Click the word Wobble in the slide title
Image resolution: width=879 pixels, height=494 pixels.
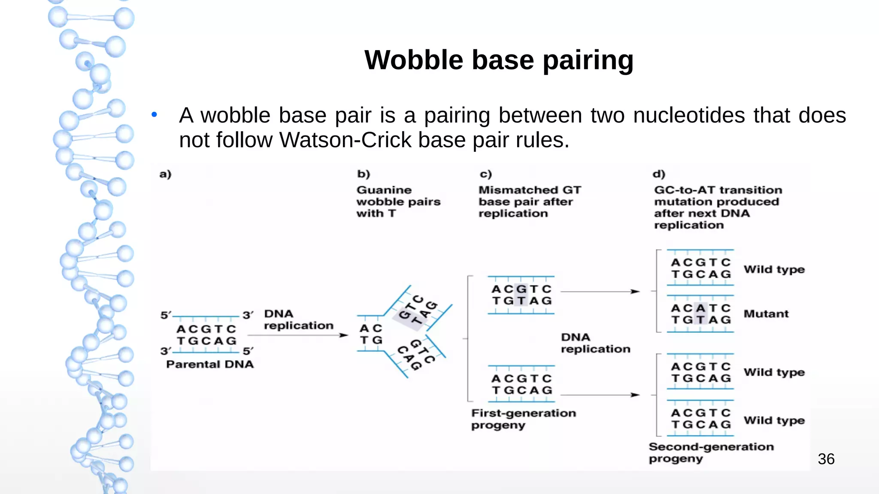click(413, 60)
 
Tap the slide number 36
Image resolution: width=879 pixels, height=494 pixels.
click(826, 459)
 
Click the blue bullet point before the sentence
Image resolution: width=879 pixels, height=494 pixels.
click(155, 114)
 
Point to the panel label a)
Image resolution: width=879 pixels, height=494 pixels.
click(165, 174)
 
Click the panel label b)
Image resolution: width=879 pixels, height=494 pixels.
click(364, 174)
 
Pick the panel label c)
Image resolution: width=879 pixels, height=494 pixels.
click(485, 174)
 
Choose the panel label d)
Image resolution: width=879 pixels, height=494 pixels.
click(659, 174)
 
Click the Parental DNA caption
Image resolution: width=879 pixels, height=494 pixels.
click(210, 364)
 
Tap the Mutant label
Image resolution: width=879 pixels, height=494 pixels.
click(766, 314)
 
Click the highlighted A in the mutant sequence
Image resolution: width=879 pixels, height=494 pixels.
click(701, 308)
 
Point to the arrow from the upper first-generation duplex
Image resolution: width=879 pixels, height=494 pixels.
click(600, 292)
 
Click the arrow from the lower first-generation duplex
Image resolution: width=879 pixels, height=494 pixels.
click(600, 395)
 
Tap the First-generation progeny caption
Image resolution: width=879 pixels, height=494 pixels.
click(523, 419)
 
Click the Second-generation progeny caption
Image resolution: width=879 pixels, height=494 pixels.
click(711, 452)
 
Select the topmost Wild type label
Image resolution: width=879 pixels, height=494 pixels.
click(774, 270)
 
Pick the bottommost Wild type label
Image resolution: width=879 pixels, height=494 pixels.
click(774, 421)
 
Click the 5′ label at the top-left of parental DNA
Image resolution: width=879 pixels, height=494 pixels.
click(166, 316)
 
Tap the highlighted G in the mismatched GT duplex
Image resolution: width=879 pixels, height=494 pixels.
click(521, 289)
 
